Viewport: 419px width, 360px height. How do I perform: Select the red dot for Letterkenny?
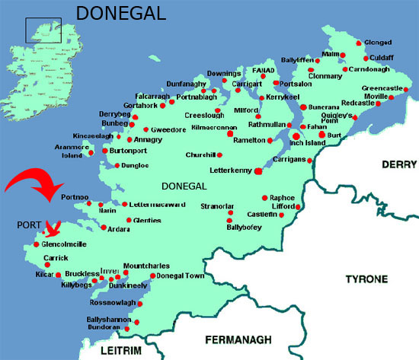[x=257, y=171]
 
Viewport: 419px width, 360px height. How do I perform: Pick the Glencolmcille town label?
[x=66, y=244]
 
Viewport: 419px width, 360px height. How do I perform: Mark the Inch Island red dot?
[x=296, y=136]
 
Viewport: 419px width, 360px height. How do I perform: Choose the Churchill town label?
[x=202, y=155]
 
